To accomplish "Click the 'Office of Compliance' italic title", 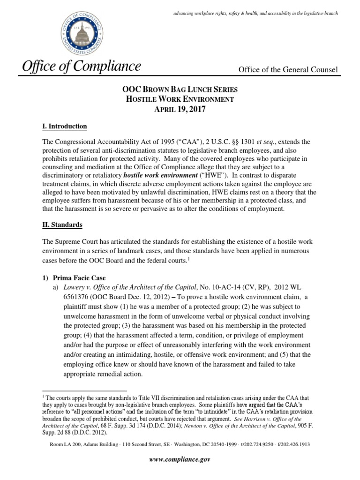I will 81,67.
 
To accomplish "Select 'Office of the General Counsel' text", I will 288,69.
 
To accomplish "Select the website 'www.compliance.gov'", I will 180,460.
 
